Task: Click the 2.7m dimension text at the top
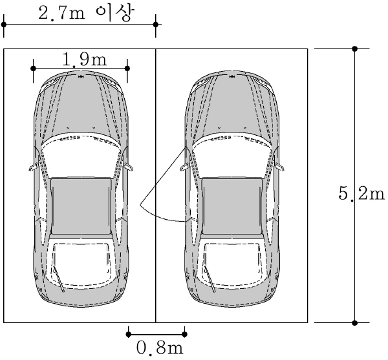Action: (x=61, y=14)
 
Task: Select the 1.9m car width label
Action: (x=84, y=60)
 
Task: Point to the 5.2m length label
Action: (x=361, y=194)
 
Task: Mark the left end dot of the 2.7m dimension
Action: (x=4, y=25)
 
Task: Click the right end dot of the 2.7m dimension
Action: (x=156, y=25)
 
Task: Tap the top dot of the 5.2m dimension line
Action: (x=355, y=48)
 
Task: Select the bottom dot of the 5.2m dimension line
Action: (x=355, y=323)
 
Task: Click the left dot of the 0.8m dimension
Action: (x=128, y=334)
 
